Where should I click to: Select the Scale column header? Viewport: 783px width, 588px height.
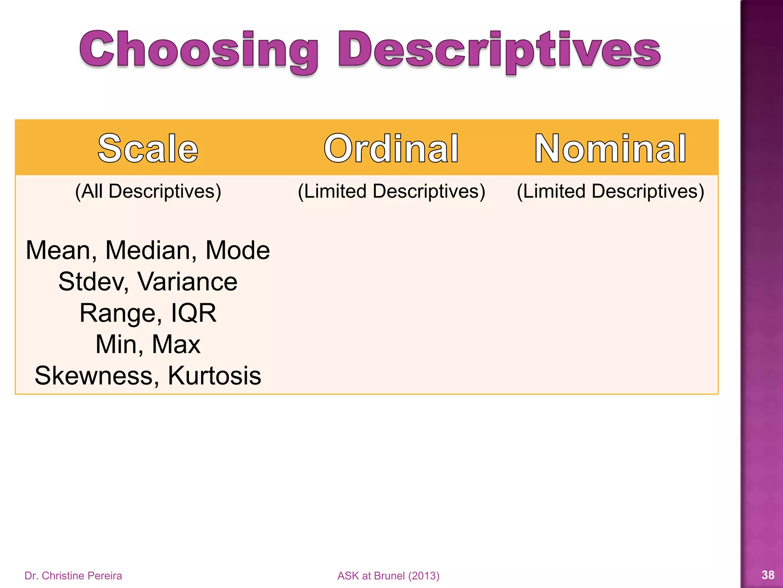tap(148, 149)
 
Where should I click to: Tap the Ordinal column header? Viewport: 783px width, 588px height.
tap(391, 149)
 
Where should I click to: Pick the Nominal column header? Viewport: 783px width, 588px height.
tap(610, 149)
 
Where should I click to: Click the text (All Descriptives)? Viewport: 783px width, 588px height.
tap(148, 191)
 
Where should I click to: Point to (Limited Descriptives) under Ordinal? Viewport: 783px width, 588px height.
tap(391, 191)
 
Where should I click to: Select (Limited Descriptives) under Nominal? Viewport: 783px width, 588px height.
tap(610, 191)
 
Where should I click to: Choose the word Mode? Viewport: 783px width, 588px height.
tap(237, 251)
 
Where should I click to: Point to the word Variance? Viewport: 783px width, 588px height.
tap(187, 282)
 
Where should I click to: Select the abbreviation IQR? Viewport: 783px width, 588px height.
tap(193, 313)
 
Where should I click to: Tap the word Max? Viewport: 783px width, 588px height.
tap(176, 345)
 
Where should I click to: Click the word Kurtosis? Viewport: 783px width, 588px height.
tap(214, 376)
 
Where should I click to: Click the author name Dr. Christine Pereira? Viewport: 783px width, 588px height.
tap(73, 576)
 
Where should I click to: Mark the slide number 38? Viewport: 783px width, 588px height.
tap(768, 575)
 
